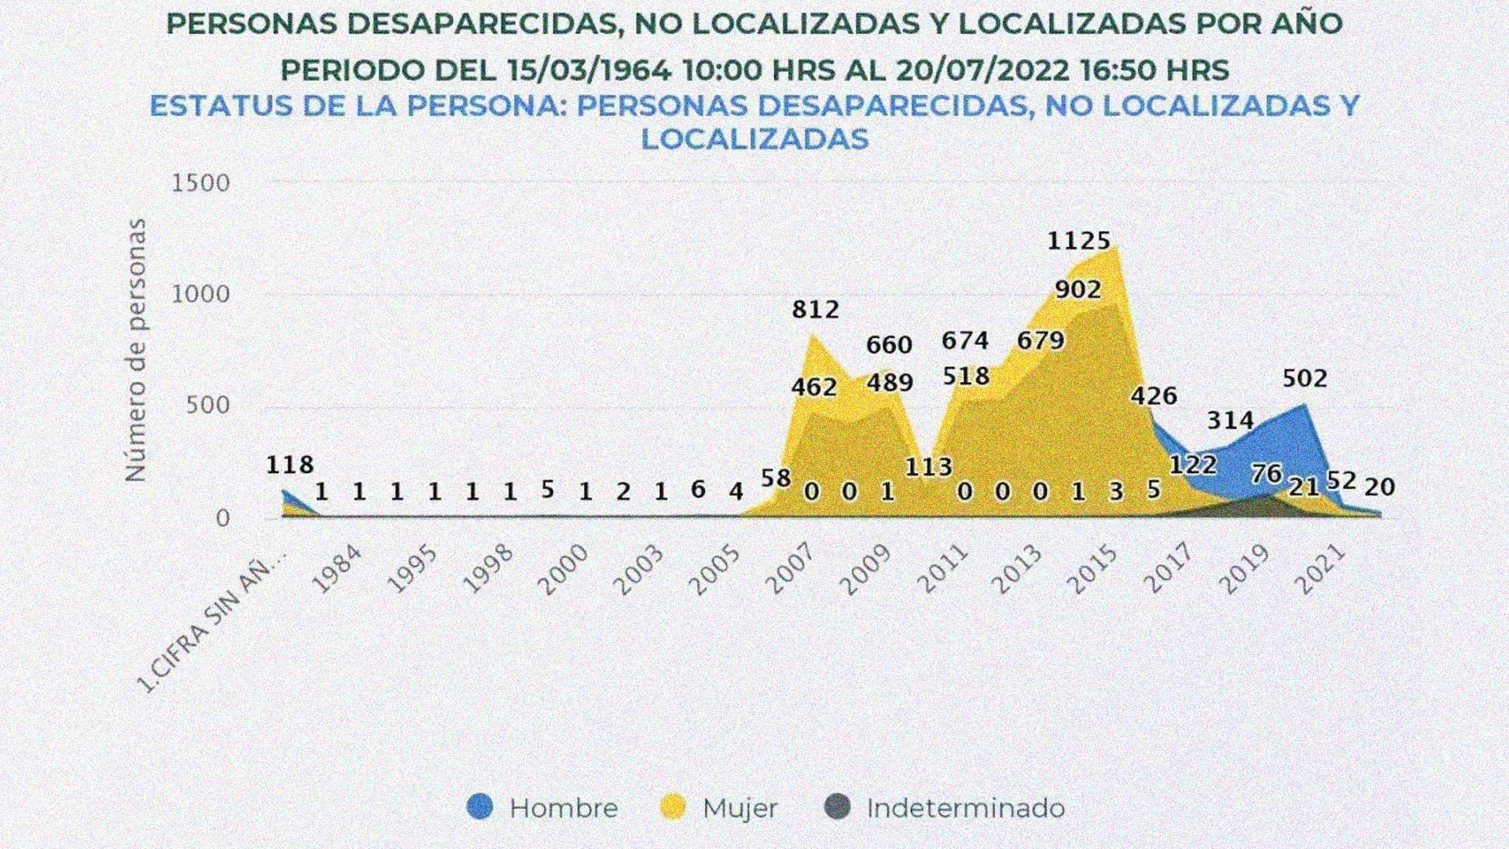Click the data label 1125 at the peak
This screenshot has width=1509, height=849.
click(1078, 240)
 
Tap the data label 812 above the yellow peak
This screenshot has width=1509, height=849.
click(815, 309)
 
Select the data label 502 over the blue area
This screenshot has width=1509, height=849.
click(1305, 378)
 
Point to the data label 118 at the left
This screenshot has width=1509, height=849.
click(289, 465)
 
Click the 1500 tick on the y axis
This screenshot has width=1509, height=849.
click(201, 183)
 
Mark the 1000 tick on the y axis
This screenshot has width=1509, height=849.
click(201, 294)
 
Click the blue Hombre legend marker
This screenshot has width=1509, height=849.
click(479, 807)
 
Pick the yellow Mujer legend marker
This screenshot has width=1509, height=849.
click(674, 807)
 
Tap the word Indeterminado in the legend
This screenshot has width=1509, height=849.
click(965, 808)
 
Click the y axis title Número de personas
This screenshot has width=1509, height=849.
click(136, 351)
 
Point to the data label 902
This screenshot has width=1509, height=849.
click(1078, 289)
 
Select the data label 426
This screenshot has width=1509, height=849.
click(1154, 395)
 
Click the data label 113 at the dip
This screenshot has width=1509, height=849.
click(928, 467)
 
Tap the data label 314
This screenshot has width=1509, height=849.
click(1230, 421)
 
